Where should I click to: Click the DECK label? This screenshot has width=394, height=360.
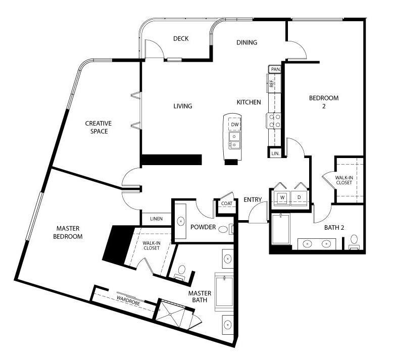coord(181,39)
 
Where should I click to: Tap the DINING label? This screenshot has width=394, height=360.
coord(247,42)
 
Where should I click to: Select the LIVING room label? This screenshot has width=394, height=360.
coord(183,106)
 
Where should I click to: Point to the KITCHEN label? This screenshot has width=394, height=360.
coord(249,102)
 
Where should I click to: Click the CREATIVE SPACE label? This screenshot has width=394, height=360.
coord(98,127)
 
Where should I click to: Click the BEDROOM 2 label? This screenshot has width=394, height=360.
coord(324,102)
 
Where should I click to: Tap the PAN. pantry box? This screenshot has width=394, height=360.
coord(275,69)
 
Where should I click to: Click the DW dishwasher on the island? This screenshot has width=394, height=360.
coord(235,125)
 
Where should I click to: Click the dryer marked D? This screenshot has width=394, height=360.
coord(299,197)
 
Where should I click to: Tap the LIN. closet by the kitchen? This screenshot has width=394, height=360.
coord(275,152)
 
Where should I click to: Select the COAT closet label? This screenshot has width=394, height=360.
coord(226,203)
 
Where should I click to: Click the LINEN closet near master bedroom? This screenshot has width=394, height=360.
coord(156,219)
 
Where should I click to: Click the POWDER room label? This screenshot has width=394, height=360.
coord(203,227)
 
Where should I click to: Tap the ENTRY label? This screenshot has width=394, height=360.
coord(252,200)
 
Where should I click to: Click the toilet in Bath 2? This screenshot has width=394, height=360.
coord(354,240)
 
